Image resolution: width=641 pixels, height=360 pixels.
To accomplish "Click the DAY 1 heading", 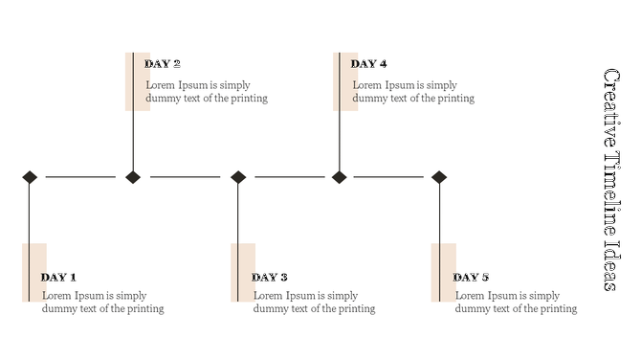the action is pyautogui.click(x=58, y=278).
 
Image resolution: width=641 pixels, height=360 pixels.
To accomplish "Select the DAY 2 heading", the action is pyautogui.click(x=163, y=64).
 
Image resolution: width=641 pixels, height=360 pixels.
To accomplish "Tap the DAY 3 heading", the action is pyautogui.click(x=270, y=278).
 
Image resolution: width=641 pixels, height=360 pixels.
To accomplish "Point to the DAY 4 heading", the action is pyautogui.click(x=369, y=64).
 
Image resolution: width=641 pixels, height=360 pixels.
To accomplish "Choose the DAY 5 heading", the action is pyautogui.click(x=471, y=278).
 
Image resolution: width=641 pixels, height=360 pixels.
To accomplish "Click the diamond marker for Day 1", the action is pyautogui.click(x=30, y=176).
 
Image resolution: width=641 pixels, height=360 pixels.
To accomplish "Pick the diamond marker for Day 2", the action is pyautogui.click(x=133, y=176).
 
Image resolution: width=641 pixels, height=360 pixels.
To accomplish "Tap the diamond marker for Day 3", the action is pyautogui.click(x=238, y=176).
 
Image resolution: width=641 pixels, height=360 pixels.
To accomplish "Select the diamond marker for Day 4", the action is pyautogui.click(x=339, y=176).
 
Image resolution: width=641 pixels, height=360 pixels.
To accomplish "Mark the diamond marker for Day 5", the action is pyautogui.click(x=439, y=176).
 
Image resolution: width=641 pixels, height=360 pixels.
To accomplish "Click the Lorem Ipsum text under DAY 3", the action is pyautogui.click(x=314, y=303).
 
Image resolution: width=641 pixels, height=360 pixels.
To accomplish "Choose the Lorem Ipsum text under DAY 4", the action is pyautogui.click(x=413, y=92).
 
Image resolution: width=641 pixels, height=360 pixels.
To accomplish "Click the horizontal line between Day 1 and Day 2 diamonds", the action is pyautogui.click(x=80, y=176).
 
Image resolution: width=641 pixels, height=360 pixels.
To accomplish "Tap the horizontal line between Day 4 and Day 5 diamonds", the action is pyautogui.click(x=388, y=176).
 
